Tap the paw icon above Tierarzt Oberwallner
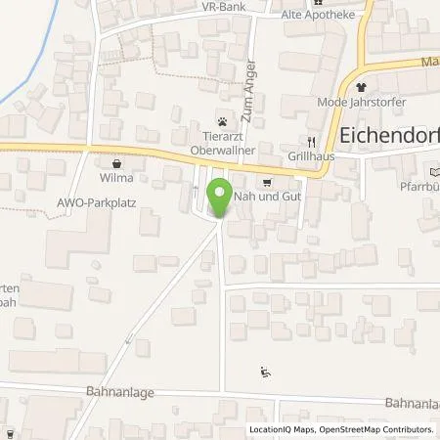(223, 122)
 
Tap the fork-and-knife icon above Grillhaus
(311, 139)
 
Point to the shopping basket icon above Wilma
(117, 164)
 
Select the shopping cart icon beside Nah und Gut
(265, 181)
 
